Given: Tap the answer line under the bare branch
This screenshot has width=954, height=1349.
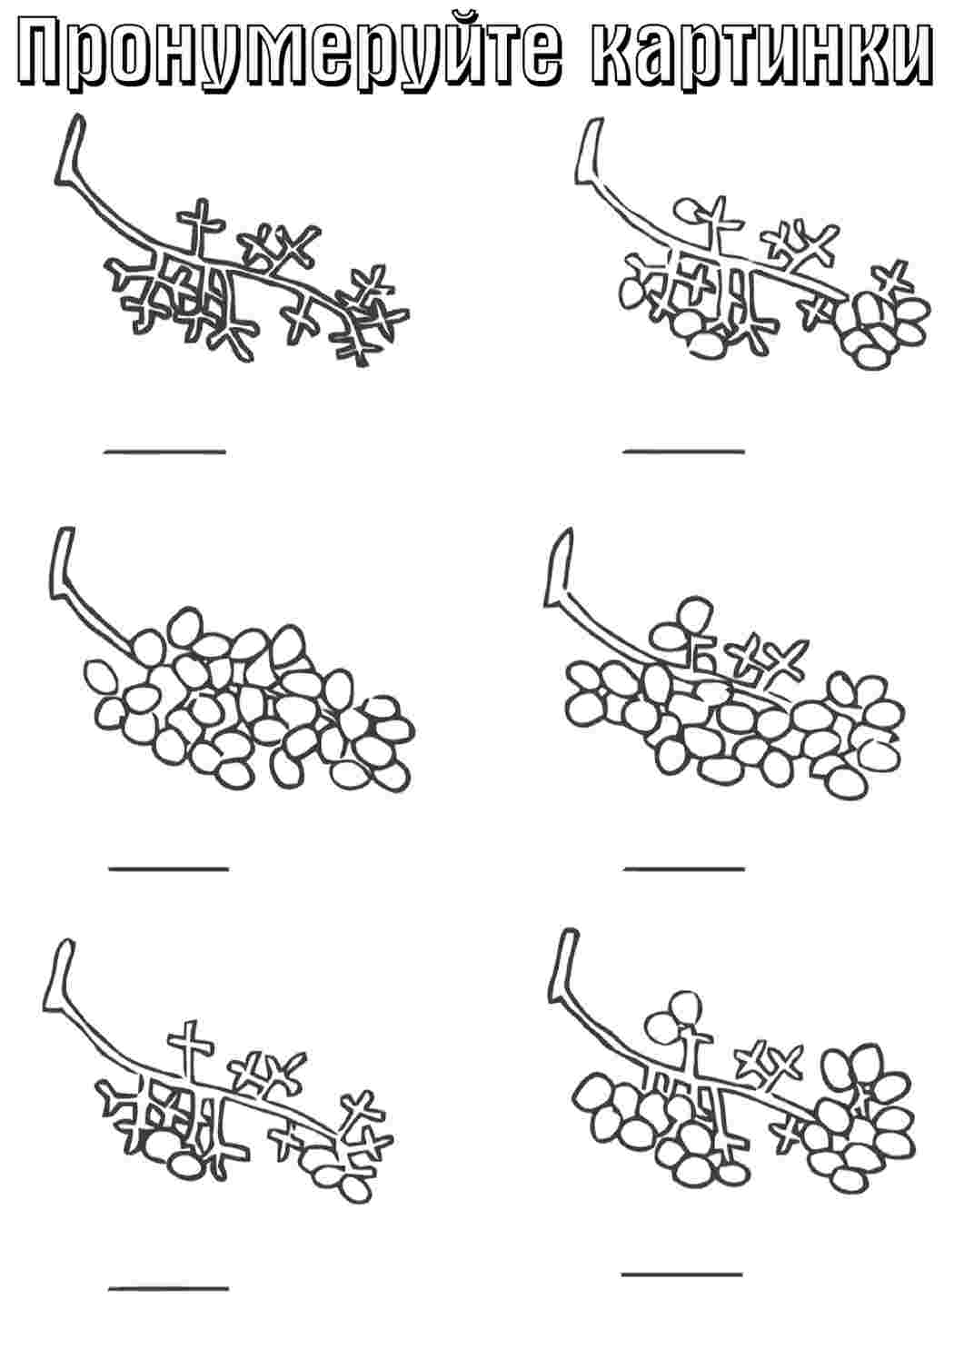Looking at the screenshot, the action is pos(164,450).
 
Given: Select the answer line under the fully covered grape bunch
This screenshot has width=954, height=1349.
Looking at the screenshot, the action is pos(169,868).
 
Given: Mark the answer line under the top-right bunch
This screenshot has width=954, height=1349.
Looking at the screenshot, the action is pos(684,450).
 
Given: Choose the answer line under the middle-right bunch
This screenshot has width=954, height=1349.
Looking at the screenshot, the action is pos(685,868).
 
